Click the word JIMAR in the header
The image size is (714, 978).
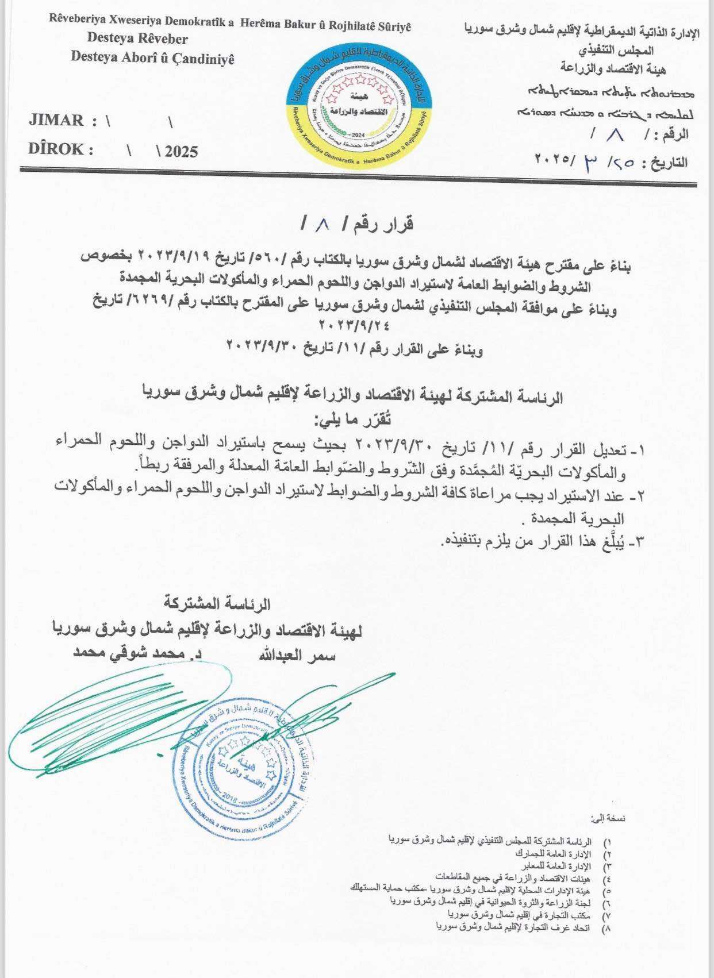(x=56, y=121)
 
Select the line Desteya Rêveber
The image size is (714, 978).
(x=137, y=39)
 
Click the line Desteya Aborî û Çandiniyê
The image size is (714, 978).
(x=152, y=57)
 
